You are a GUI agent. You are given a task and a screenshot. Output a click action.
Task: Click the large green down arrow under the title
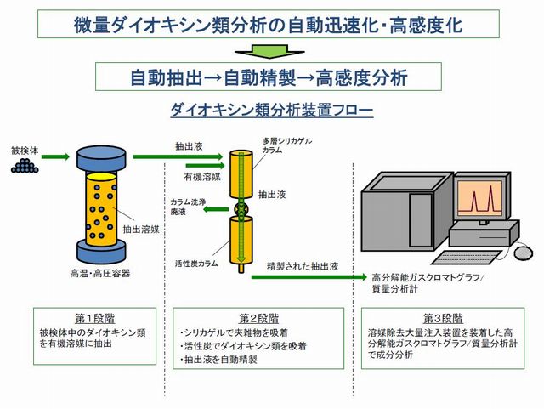[x=269, y=51]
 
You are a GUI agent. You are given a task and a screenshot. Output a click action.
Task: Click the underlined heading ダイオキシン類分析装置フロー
[x=272, y=110]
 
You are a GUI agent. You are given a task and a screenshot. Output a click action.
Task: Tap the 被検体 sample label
[x=25, y=151]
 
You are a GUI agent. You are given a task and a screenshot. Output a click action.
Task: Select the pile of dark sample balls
[x=25, y=166]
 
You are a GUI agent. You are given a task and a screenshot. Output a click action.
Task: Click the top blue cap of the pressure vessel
[x=101, y=158]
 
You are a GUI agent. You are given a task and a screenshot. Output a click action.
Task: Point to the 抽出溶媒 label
[x=141, y=229]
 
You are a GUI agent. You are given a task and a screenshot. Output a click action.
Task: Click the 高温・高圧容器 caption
[x=100, y=274]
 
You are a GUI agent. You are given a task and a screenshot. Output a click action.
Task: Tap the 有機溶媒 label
[x=202, y=177]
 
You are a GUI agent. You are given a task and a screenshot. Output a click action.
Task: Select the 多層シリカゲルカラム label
[x=287, y=145]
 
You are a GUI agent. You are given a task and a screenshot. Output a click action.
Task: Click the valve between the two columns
[x=241, y=209]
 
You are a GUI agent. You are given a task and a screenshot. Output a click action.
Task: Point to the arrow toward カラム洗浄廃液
[x=216, y=209]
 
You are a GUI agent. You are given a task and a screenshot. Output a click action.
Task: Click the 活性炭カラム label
[x=196, y=264]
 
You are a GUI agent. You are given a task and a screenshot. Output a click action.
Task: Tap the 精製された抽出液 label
[x=303, y=266]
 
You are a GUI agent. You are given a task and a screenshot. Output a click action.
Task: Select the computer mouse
[x=523, y=253]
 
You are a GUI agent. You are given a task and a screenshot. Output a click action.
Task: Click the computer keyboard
[x=466, y=257]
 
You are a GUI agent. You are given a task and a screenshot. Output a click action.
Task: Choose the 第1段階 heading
[x=94, y=318]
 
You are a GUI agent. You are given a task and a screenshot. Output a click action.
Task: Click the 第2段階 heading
[x=258, y=318]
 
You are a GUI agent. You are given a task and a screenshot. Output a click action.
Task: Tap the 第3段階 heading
[x=443, y=318]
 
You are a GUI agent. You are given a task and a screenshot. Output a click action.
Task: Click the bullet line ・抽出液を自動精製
[x=218, y=360]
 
